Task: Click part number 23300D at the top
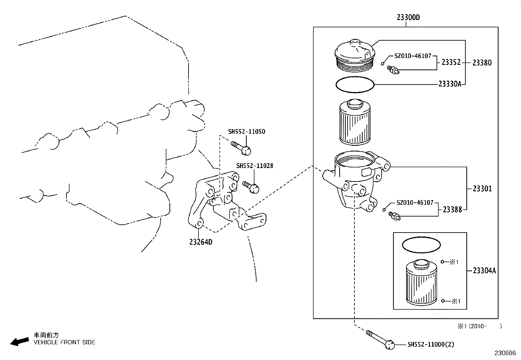[408, 17]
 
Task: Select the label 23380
[482, 63]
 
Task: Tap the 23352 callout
[451, 62]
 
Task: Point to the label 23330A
[450, 84]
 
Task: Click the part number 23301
[482, 189]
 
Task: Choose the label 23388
[452, 209]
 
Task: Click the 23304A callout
[484, 271]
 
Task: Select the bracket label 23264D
[201, 242]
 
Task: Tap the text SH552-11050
[246, 132]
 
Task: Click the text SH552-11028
[254, 166]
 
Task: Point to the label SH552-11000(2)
[431, 344]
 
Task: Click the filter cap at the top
[355, 55]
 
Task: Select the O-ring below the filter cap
[355, 85]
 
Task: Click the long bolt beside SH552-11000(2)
[380, 338]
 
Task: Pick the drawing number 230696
[505, 353]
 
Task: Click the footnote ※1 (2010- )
[479, 326]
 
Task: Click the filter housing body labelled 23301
[355, 180]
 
